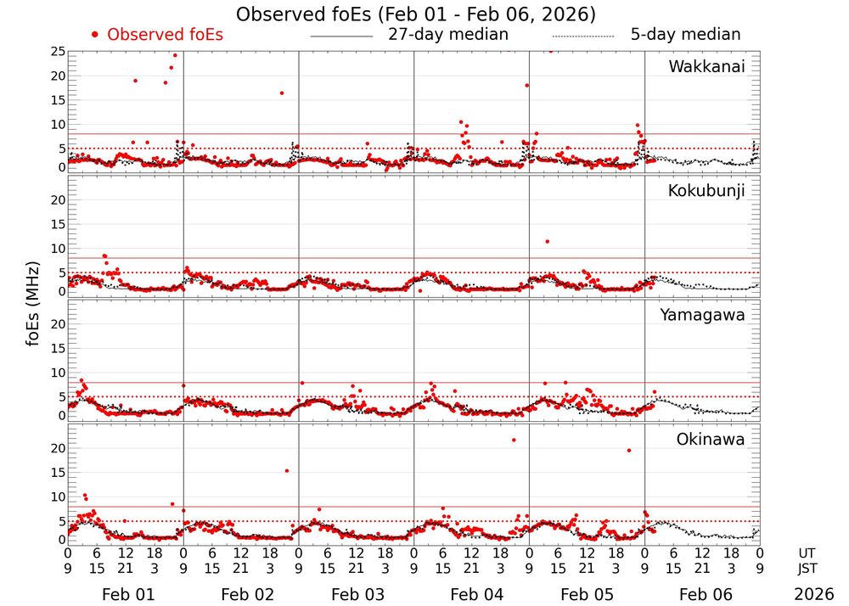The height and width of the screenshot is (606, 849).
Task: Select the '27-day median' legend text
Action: [447, 35]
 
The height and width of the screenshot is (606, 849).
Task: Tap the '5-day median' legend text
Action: [685, 35]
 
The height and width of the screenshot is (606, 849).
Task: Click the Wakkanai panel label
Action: [706, 67]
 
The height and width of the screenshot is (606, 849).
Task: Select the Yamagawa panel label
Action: [702, 315]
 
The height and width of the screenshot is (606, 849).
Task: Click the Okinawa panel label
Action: [711, 439]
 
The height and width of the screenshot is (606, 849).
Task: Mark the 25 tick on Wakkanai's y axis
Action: [58, 52]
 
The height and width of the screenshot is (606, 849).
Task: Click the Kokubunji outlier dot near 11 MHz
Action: [548, 242]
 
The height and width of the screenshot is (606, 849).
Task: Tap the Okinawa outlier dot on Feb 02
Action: [287, 471]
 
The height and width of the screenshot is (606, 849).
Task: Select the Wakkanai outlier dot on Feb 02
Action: [282, 93]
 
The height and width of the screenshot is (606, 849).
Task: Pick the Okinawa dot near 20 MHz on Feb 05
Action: [629, 451]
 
